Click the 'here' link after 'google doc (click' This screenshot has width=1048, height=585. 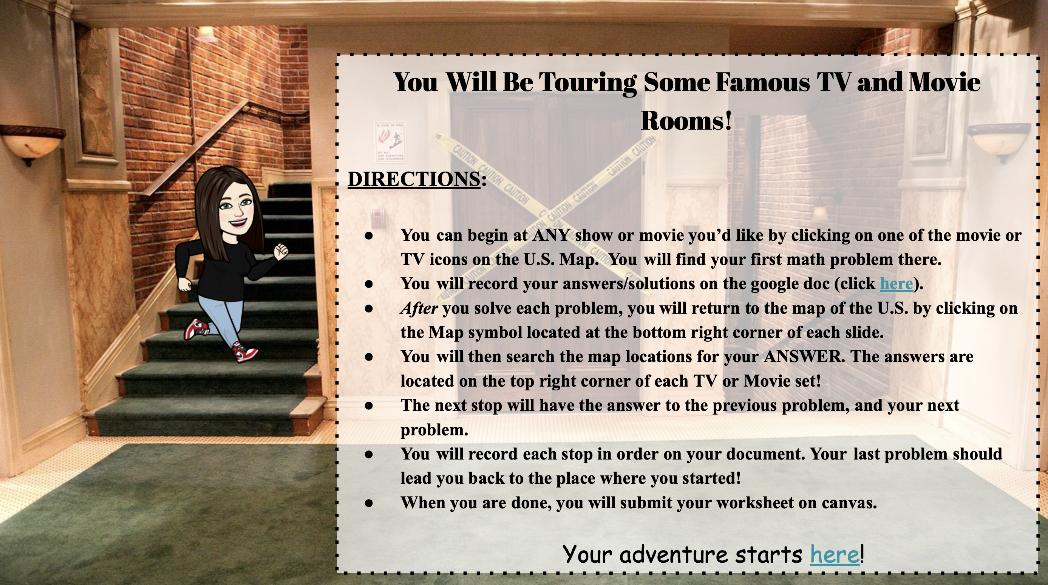tap(896, 283)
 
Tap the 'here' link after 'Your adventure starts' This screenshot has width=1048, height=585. tap(835, 554)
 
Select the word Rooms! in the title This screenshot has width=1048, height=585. tap(686, 121)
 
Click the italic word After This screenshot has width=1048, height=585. tap(419, 308)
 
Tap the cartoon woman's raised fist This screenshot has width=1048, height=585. tap(280, 251)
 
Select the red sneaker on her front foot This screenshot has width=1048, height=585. tap(246, 352)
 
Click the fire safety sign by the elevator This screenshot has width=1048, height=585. tap(390, 142)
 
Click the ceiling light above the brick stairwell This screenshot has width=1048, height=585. tap(207, 35)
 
